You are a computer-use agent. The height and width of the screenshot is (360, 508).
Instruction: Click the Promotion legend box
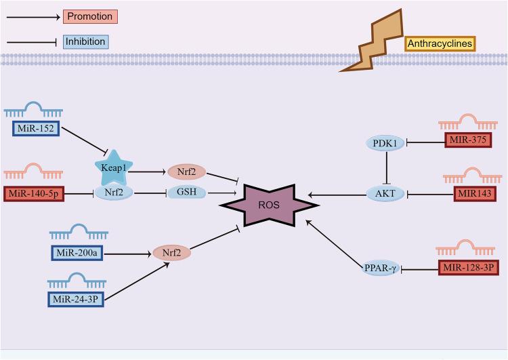[90, 16]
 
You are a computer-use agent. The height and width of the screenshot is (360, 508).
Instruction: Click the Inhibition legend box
[85, 41]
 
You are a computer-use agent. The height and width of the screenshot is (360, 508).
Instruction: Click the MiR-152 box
[34, 128]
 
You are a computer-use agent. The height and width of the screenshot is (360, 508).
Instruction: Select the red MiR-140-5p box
[35, 194]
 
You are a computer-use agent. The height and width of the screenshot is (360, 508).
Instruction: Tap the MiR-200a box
[76, 253]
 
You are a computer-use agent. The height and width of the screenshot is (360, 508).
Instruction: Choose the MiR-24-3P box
[75, 298]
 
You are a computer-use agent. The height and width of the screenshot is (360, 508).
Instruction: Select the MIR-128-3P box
[470, 268]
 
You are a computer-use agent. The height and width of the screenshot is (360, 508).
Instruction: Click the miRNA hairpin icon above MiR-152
[34, 108]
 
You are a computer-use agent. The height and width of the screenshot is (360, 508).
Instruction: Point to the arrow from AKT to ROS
[339, 195]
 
